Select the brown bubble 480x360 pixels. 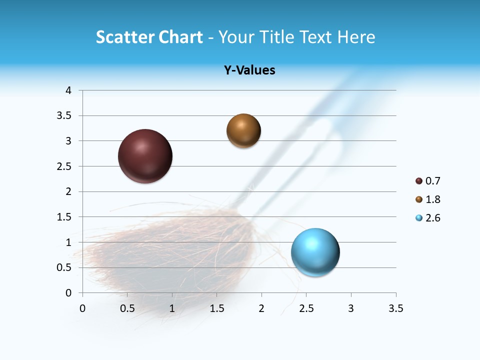pyautogui.click(x=243, y=131)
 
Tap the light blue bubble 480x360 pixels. pyautogui.click(x=315, y=252)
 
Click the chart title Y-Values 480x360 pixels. pyautogui.click(x=249, y=70)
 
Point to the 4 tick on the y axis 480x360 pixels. pyautogui.click(x=68, y=90)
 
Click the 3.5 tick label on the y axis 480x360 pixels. pyautogui.click(x=65, y=116)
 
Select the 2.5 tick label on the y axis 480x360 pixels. pyautogui.click(x=65, y=166)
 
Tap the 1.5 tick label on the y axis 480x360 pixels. pyautogui.click(x=65, y=217)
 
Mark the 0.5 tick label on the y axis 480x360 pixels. pyautogui.click(x=65, y=267)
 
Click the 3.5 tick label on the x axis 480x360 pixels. pyautogui.click(x=395, y=308)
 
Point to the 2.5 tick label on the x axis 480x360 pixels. pyautogui.click(x=306, y=308)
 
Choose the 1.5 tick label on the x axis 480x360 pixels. pyautogui.click(x=216, y=308)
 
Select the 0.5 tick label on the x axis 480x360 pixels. pyautogui.click(x=127, y=308)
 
